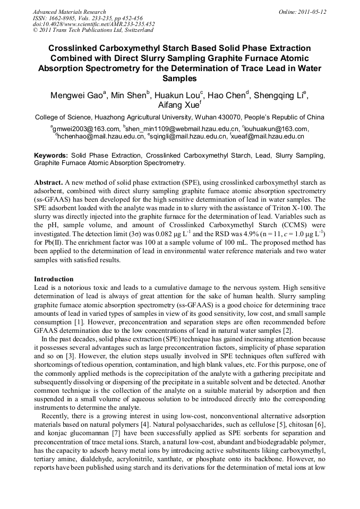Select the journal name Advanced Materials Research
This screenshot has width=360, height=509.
tap(69, 12)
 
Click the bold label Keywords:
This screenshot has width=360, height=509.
tap(51, 156)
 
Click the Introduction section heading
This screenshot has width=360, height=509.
tap(54, 279)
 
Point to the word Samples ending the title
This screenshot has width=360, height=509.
tap(179, 79)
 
